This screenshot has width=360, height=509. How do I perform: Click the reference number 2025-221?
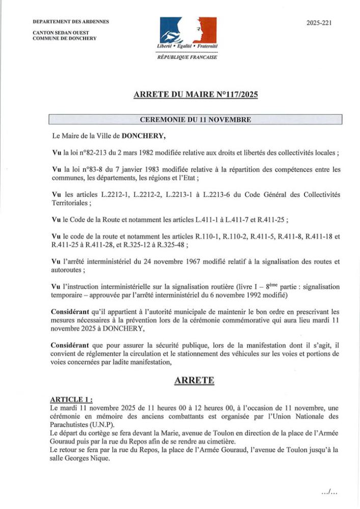[319, 23]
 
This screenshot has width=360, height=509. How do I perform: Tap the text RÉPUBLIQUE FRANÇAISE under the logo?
[187, 57]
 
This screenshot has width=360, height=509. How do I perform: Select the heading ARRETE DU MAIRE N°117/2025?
[195, 95]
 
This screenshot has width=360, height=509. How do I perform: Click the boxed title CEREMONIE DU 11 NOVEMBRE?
[195, 120]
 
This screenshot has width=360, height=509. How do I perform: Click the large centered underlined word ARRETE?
[195, 379]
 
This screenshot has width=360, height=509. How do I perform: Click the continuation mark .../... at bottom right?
[330, 492]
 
